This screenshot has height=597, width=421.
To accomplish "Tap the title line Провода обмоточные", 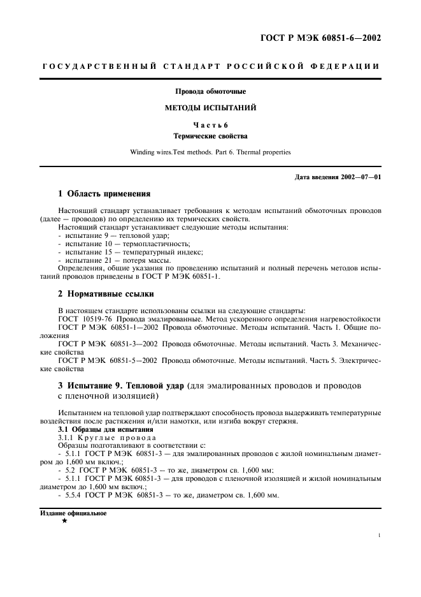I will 210,91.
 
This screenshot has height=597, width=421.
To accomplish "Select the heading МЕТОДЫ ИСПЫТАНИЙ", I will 210,108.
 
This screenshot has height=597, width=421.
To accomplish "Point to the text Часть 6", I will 210,125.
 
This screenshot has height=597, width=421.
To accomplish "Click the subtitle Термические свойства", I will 210,136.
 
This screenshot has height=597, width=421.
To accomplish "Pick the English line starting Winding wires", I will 210,152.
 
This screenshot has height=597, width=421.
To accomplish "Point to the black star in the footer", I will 64,521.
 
